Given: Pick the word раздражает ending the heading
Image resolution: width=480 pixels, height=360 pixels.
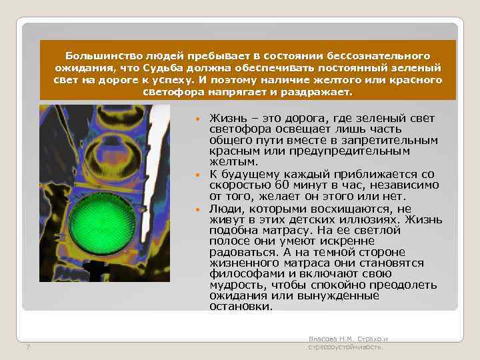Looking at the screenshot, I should click(319, 91).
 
